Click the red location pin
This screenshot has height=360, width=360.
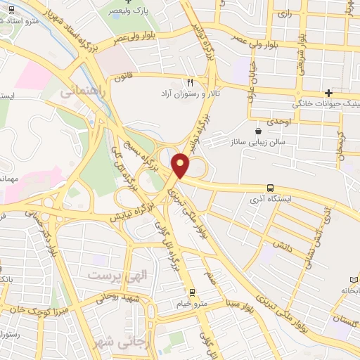[x=181, y=165]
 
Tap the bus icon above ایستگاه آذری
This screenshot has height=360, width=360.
[x=271, y=188]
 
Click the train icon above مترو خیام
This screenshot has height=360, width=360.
[x=192, y=292]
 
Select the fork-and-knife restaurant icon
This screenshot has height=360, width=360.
[x=190, y=82]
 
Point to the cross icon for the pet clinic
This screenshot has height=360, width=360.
[x=328, y=94]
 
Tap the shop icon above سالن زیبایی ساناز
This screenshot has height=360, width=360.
[x=259, y=131]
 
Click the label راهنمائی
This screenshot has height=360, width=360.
[x=82, y=92]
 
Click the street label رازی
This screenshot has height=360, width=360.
[x=285, y=13]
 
